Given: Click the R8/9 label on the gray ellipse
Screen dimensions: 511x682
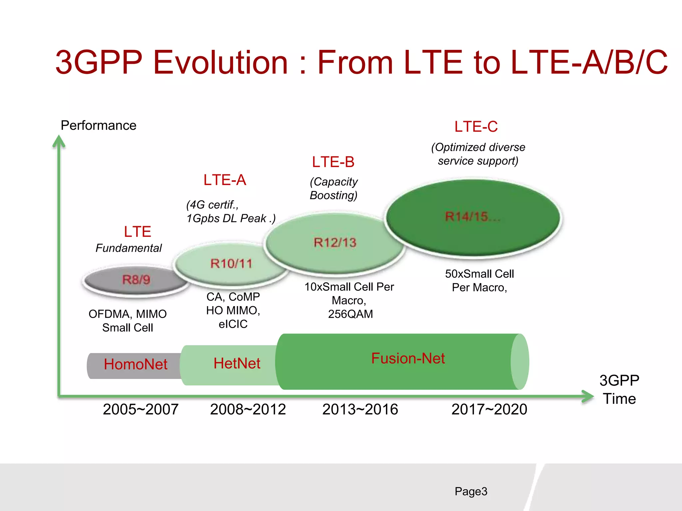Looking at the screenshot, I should click(136, 280).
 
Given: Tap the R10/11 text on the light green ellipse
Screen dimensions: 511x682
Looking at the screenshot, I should click(231, 264).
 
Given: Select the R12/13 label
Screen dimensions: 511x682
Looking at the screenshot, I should click(335, 243).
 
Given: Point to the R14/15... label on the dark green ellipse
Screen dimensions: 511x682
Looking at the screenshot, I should click(472, 217).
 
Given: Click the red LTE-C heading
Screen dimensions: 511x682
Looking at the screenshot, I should click(476, 127).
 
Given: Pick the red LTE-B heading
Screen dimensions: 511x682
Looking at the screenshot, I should click(333, 162).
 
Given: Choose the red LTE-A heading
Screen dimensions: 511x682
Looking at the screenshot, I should click(225, 180).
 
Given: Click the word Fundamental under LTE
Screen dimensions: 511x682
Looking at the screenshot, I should click(129, 248).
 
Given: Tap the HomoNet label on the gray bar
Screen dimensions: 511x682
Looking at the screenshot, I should click(136, 364).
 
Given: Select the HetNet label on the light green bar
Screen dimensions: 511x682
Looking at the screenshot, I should click(237, 363).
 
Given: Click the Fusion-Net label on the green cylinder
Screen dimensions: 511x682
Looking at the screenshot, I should click(408, 358).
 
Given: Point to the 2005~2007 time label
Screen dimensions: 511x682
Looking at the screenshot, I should click(141, 409).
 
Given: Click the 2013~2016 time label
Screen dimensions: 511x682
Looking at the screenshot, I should click(360, 409).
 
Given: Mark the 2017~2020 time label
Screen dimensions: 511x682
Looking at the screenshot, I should click(489, 409).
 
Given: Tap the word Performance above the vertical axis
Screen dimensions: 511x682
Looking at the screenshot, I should click(99, 125).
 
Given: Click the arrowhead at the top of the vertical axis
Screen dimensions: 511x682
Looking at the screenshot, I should click(59, 141).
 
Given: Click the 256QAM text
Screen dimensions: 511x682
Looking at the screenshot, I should click(350, 314).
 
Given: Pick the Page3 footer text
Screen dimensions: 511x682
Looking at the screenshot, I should click(471, 491).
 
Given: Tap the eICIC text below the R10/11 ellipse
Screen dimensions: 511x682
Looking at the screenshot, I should click(233, 324).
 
